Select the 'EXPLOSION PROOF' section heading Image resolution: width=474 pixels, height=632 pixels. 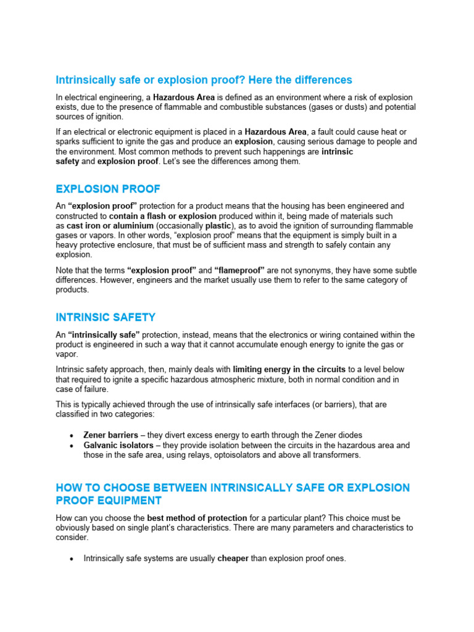(x=108, y=188)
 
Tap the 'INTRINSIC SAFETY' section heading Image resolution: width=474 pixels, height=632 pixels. (x=106, y=317)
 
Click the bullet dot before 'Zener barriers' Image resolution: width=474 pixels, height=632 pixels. (x=73, y=436)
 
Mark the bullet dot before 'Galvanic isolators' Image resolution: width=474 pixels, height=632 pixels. (x=73, y=446)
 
